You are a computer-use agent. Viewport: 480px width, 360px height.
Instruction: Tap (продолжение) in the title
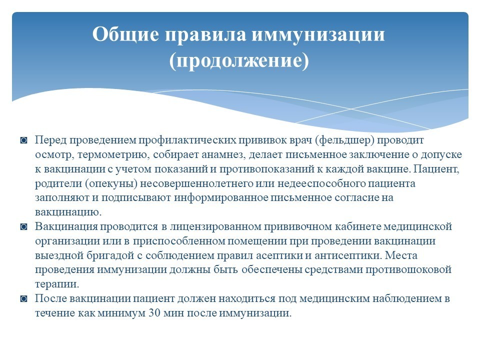pyautogui.click(x=239, y=60)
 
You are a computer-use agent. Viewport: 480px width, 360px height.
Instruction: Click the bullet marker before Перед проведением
pyautogui.click(x=23, y=140)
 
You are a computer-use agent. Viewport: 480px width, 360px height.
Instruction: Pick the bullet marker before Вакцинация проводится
pyautogui.click(x=23, y=227)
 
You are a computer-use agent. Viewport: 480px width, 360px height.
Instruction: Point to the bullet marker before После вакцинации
pyautogui.click(x=23, y=299)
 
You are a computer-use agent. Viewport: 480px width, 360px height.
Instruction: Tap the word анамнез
pyautogui.click(x=223, y=154)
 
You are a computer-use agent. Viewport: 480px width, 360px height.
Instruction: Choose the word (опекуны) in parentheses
pyautogui.click(x=111, y=183)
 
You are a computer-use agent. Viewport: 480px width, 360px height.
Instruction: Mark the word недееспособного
pyautogui.click(x=321, y=183)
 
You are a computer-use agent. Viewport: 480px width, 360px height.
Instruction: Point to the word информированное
pyautogui.click(x=221, y=198)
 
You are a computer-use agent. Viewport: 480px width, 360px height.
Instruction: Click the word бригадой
pyautogui.click(x=111, y=255)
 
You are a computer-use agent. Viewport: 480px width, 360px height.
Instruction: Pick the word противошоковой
pyautogui.click(x=408, y=270)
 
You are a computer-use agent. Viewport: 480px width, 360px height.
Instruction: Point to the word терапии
pyautogui.click(x=57, y=284)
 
